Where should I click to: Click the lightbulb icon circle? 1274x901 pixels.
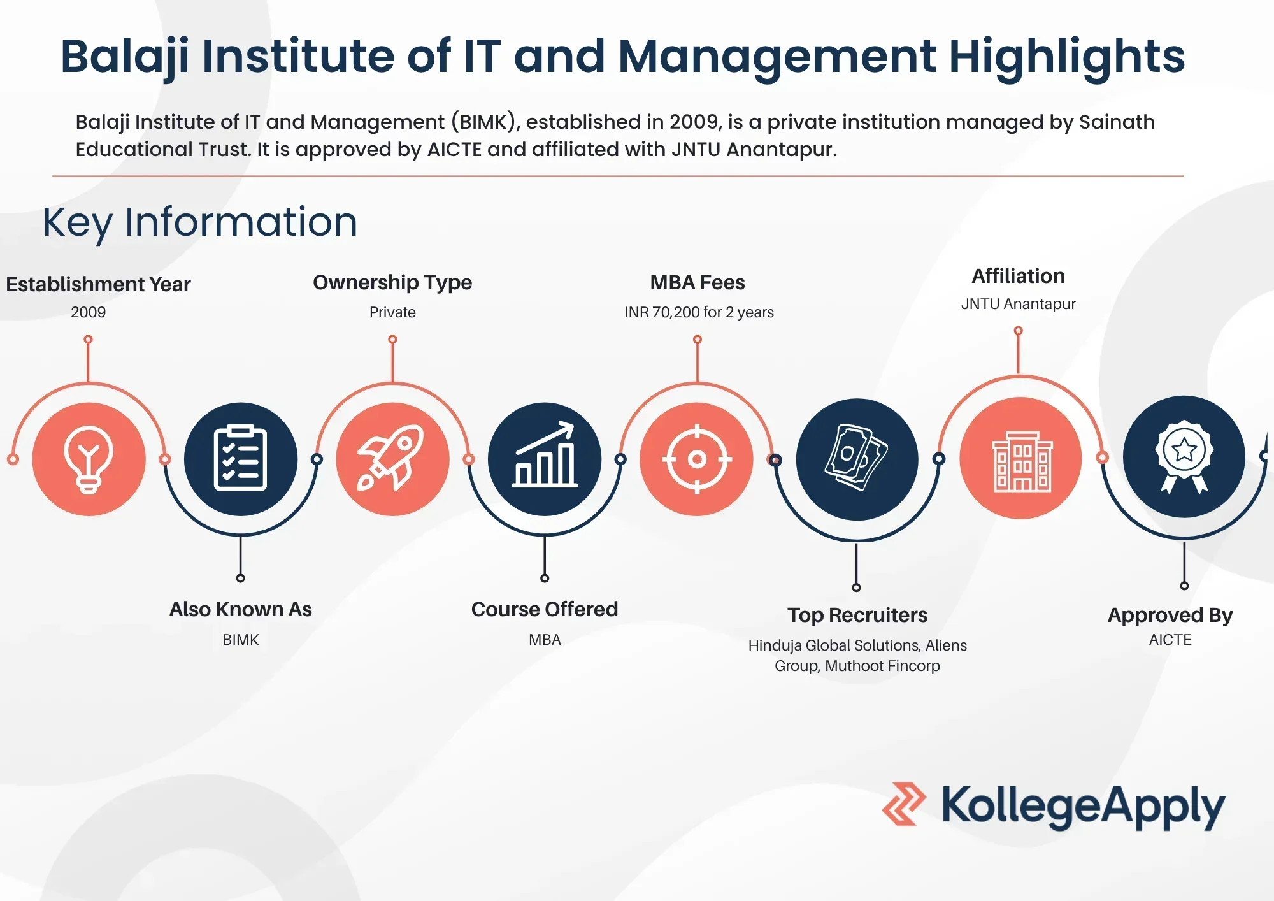click(89, 459)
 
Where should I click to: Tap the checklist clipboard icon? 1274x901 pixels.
click(241, 459)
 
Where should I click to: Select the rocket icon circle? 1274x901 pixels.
click(392, 459)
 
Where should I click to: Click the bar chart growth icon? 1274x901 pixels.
click(545, 459)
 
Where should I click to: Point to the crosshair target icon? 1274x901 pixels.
click(697, 459)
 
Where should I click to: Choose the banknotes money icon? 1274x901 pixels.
click(857, 459)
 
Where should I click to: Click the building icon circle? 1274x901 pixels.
click(1020, 458)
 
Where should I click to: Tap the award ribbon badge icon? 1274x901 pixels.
click(1184, 457)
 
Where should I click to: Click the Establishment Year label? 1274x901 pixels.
click(98, 284)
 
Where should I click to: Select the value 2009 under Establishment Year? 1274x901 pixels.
click(89, 312)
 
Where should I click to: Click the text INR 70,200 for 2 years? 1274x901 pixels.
click(699, 312)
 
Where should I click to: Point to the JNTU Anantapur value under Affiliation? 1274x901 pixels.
click(1018, 304)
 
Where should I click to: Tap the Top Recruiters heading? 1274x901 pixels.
click(857, 615)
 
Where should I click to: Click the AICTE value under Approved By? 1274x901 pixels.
click(1170, 640)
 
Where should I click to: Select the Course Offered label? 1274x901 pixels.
click(545, 609)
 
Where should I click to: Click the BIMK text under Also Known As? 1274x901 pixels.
click(241, 640)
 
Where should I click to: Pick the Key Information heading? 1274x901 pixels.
click(200, 222)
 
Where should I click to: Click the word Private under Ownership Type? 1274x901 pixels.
click(392, 312)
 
